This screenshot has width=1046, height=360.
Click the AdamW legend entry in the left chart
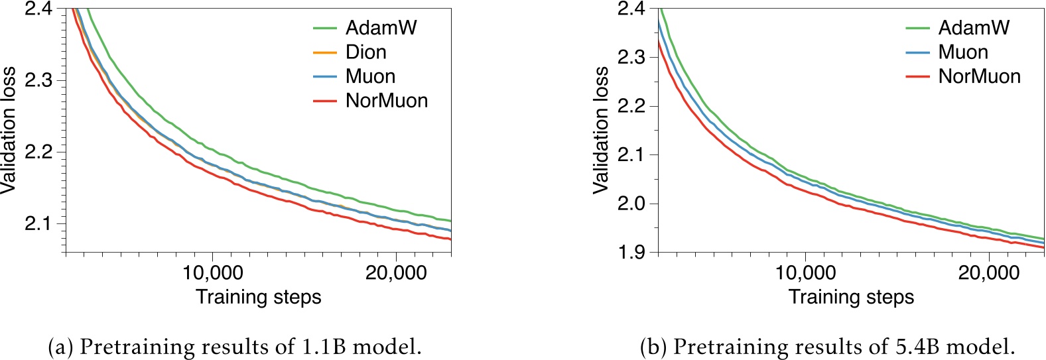pyautogui.click(x=381, y=28)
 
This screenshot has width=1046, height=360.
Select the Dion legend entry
pyautogui.click(x=365, y=52)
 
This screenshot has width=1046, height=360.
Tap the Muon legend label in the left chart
pyautogui.click(x=370, y=77)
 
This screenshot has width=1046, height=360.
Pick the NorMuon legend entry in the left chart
pyautogui.click(x=387, y=101)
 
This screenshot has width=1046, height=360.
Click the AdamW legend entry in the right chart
pyautogui.click(x=974, y=28)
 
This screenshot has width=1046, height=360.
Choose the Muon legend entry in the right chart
pyautogui.click(x=963, y=52)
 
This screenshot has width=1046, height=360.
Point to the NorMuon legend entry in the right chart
pyautogui.click(x=979, y=77)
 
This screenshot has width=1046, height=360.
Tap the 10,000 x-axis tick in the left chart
pyautogui.click(x=213, y=273)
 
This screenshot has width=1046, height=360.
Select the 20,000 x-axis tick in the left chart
pyautogui.click(x=396, y=273)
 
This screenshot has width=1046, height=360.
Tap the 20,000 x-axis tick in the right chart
pyautogui.click(x=989, y=273)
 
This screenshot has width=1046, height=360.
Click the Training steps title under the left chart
pyautogui.click(x=259, y=297)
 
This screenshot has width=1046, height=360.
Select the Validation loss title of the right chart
pyautogui.click(x=601, y=130)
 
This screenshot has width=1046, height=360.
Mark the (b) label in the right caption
pyautogui.click(x=653, y=347)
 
